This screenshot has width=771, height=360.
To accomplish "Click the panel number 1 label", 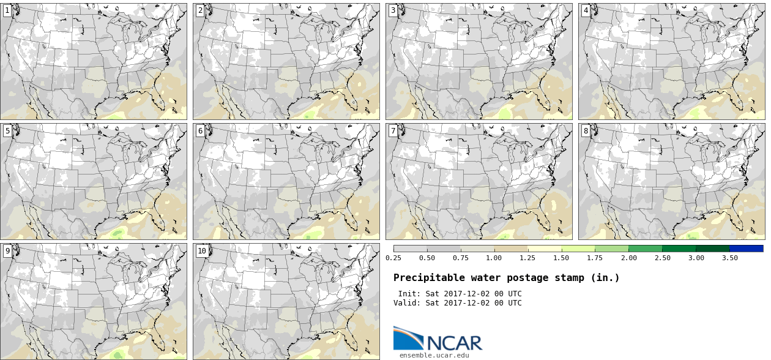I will coord(7,10).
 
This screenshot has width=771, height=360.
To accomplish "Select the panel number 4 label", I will coord(586,10).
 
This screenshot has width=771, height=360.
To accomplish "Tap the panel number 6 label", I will coord(199,131).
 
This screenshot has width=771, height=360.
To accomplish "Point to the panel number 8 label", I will coord(586,131).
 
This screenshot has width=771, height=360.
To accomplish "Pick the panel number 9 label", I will coord(7,251).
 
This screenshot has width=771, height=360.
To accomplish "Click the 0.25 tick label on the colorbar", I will coord(393,258).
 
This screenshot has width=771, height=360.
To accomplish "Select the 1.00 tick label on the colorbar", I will coord(494,258).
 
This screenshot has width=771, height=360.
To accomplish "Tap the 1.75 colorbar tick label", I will coord(595,258).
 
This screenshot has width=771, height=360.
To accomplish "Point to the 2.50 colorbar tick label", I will coord(662,258).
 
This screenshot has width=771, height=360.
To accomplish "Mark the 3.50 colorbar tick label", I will coord(729,258).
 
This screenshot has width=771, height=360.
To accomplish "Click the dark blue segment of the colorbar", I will coord(746,249).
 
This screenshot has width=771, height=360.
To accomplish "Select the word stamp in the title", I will coord(560,278).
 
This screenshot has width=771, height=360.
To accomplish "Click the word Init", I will coord(409,294).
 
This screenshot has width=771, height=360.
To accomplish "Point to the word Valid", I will coord(407,303).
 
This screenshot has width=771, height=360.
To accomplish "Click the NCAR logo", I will coord(438,339).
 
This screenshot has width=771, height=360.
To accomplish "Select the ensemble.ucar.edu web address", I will coord(434,355).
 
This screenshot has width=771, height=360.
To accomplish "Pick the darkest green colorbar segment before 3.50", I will coord(712,249).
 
